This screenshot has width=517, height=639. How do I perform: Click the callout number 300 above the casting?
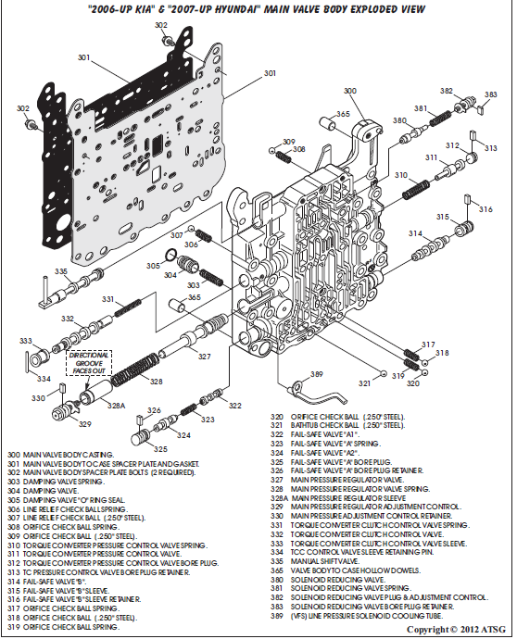[350, 91]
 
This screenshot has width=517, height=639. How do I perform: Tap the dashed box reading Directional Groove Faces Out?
[89, 363]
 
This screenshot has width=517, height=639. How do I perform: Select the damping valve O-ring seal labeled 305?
[170, 255]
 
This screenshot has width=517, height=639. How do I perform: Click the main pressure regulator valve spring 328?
[135, 370]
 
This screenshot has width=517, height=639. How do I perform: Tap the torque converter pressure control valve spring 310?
[416, 190]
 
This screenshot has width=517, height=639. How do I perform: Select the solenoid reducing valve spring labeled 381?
[440, 119]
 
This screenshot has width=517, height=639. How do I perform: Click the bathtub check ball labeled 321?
[383, 374]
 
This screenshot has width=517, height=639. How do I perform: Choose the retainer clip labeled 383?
[481, 109]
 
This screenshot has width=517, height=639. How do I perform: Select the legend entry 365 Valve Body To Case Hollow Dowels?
[346, 570]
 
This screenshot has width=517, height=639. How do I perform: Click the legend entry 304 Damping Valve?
[44, 491]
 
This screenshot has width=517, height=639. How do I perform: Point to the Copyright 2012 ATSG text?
[456, 630]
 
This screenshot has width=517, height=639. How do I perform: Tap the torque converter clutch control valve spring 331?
[128, 307]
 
